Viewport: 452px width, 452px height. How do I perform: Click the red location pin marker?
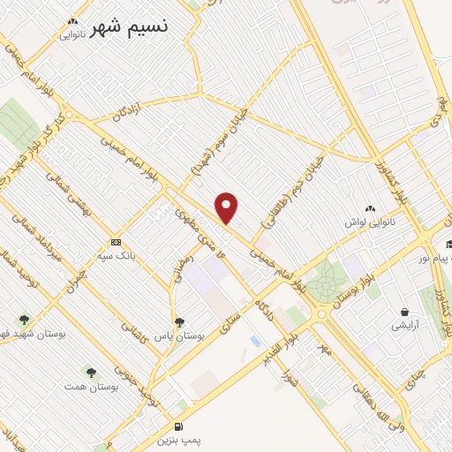tap(228, 207)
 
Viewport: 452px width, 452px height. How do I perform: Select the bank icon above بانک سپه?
tap(116, 242)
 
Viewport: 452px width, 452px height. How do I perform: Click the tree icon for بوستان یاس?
tap(180, 322)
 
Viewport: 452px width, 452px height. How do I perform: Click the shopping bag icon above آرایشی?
tap(404, 313)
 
